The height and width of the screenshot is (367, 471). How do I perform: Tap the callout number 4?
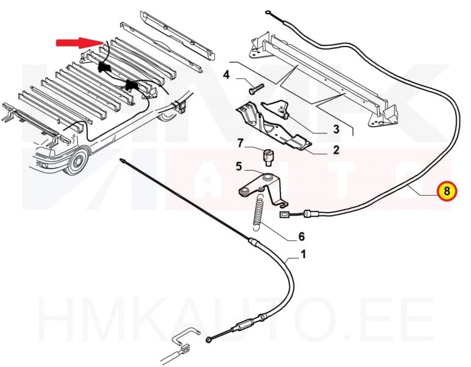click(226, 75)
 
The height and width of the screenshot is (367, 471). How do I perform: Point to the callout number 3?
click(335, 129)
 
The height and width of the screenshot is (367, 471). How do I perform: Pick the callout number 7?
click(241, 144)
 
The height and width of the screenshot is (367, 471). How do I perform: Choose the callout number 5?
click(239, 165)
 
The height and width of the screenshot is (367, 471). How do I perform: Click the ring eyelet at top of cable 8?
click(269, 12)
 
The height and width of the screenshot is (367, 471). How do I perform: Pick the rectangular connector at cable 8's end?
click(284, 214)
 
